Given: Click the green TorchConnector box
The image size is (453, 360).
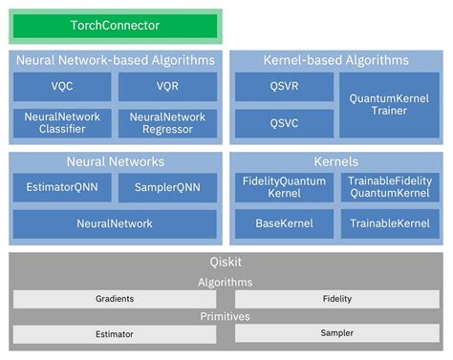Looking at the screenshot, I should (116, 27).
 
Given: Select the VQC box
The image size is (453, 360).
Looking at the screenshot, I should (61, 86).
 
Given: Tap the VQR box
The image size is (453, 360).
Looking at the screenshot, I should (168, 86).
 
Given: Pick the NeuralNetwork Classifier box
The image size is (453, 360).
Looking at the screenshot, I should (61, 122).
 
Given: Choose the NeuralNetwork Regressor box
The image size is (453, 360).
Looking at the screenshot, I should (168, 122).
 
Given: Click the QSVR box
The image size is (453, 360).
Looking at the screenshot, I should (284, 86).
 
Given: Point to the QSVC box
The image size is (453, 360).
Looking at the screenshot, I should (284, 122).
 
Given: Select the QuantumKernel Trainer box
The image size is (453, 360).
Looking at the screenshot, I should (389, 104).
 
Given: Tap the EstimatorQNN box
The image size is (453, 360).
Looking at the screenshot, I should (61, 187).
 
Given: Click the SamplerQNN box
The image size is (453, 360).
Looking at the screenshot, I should (168, 187).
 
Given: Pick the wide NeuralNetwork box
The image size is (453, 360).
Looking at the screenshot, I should (115, 223).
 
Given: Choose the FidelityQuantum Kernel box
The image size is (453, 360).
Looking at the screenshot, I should (284, 187).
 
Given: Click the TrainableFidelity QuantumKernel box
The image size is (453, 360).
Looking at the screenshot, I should (389, 187).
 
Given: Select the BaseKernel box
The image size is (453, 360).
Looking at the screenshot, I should (284, 223).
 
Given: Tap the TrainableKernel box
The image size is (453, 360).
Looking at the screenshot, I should (389, 223).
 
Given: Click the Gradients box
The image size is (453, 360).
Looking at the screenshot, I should (116, 299).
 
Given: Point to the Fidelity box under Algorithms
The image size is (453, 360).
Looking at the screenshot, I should (336, 299).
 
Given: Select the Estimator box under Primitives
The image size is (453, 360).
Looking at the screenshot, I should (116, 334).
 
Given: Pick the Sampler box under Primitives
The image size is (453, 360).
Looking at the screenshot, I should (336, 333).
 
